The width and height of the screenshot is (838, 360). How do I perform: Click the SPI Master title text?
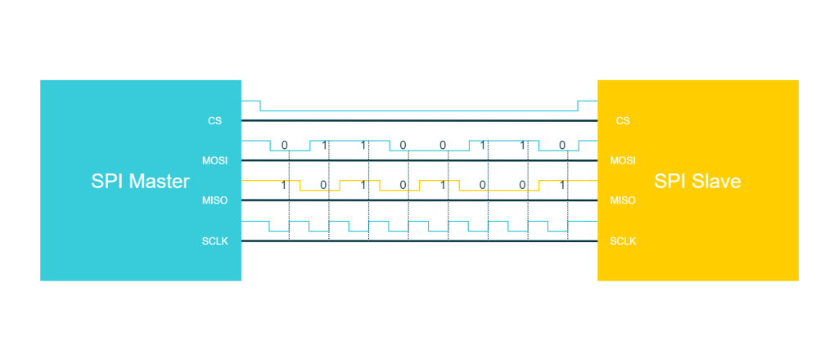140,182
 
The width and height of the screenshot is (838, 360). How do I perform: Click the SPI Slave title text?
697,182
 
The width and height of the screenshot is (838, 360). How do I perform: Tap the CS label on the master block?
215,121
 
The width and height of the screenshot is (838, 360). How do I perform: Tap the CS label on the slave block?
623,121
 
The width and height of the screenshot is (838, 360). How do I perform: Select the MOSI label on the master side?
215,160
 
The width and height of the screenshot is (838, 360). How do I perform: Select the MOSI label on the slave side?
623,160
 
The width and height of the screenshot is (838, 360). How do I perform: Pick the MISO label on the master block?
215,200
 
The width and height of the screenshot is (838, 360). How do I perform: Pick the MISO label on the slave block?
623,200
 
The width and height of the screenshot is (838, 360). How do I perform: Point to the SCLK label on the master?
215,241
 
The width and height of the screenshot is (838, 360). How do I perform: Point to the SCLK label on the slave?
623,241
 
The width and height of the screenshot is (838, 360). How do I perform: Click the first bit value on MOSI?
284,145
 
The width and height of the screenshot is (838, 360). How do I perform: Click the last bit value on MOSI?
561,145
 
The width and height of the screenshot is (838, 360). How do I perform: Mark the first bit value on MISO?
283,186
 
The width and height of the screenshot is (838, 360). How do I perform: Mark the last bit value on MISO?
561,186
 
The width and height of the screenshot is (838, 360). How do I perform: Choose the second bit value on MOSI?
324,145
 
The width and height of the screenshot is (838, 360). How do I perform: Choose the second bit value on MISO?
322,186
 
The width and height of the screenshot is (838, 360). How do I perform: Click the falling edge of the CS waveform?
260,106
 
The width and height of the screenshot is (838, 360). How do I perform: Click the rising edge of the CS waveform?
578,106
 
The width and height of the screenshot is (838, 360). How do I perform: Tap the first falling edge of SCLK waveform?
269,226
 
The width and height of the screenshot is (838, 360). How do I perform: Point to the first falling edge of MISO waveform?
300,186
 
